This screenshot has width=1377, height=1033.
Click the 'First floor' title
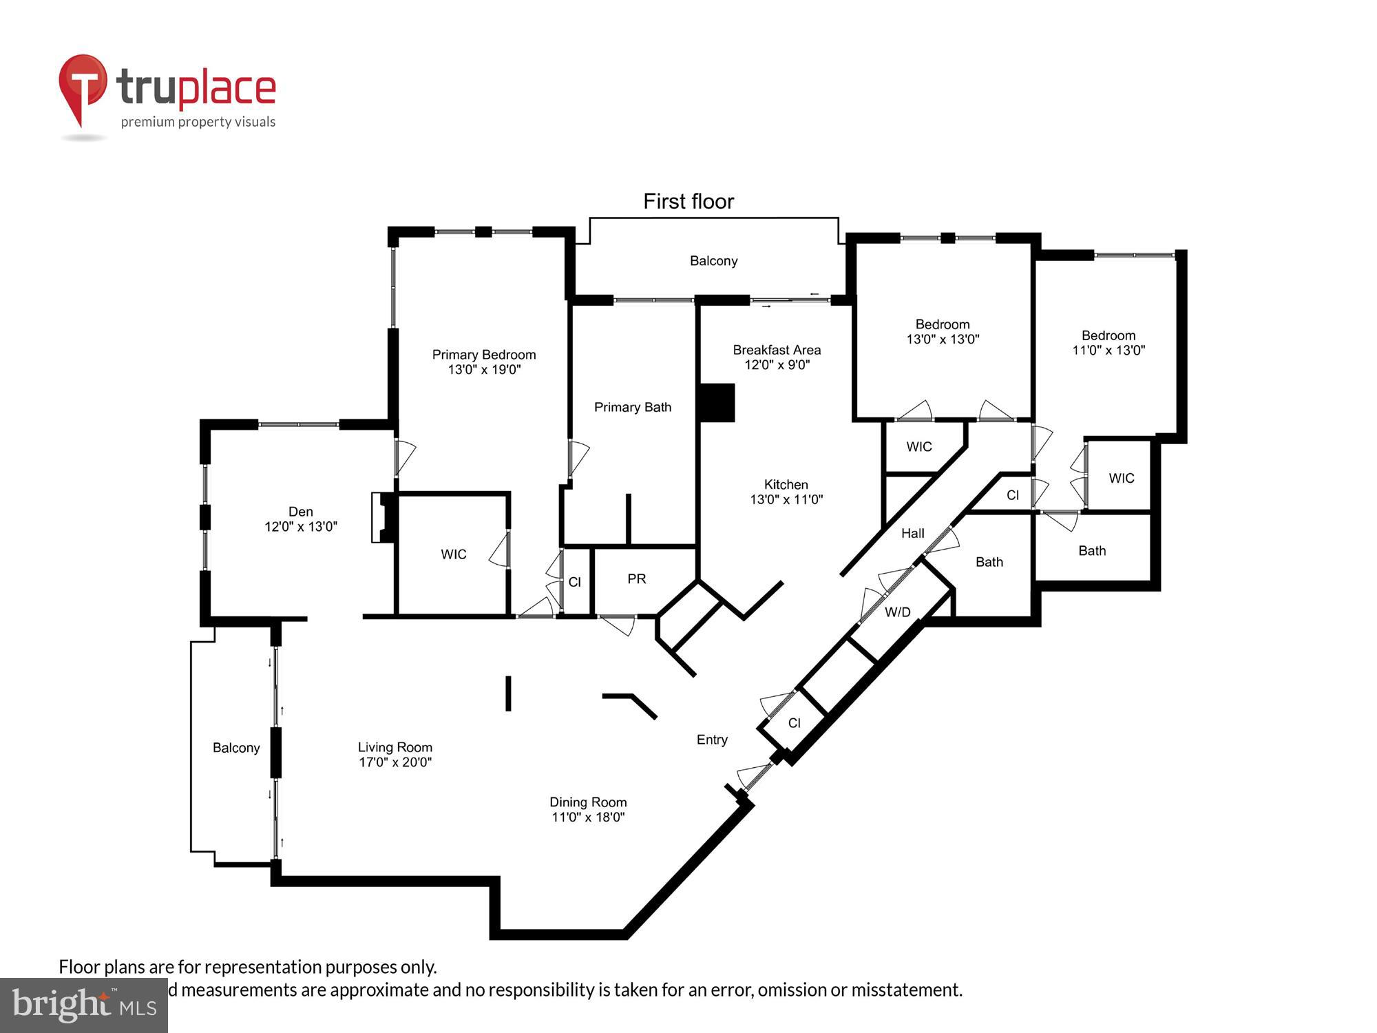coord(688,201)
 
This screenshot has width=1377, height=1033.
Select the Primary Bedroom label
coord(483,355)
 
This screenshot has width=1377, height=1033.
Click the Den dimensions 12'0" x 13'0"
coord(301,527)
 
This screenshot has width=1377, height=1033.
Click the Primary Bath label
coord(632,407)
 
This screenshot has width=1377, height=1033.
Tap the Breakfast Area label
coord(777,350)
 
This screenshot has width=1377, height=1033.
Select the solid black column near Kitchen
coord(716,403)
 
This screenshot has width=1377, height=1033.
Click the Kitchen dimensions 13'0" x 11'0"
coord(786,500)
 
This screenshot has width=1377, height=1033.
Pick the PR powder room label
coord(636,579)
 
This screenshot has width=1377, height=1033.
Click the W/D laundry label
coord(897,612)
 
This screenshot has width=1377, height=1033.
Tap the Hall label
coord(912,533)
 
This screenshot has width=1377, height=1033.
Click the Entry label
coord(711,740)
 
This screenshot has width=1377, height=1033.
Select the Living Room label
coord(395,747)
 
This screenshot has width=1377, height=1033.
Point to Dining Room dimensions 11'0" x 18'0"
coord(588,817)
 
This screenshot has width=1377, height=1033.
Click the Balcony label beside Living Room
coord(235,748)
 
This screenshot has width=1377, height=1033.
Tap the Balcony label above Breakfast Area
coord(713,261)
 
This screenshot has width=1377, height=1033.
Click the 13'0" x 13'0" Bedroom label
coord(943,324)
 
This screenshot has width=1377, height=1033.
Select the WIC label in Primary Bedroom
coord(453,554)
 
